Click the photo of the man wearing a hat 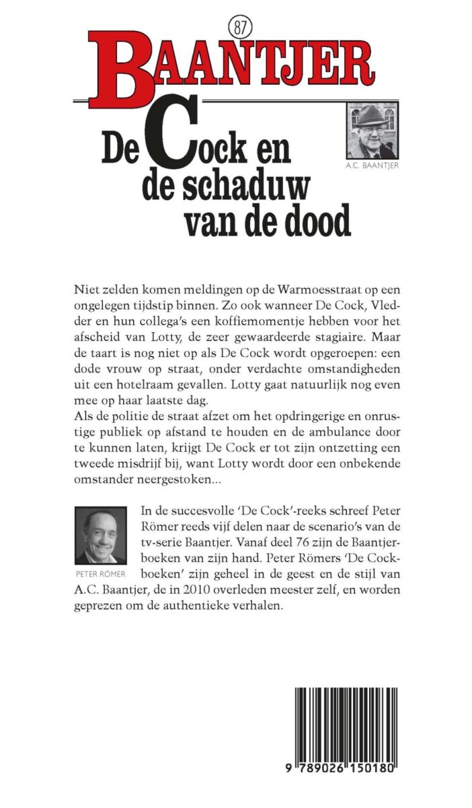click(x=372, y=131)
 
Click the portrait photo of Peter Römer click(x=101, y=535)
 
